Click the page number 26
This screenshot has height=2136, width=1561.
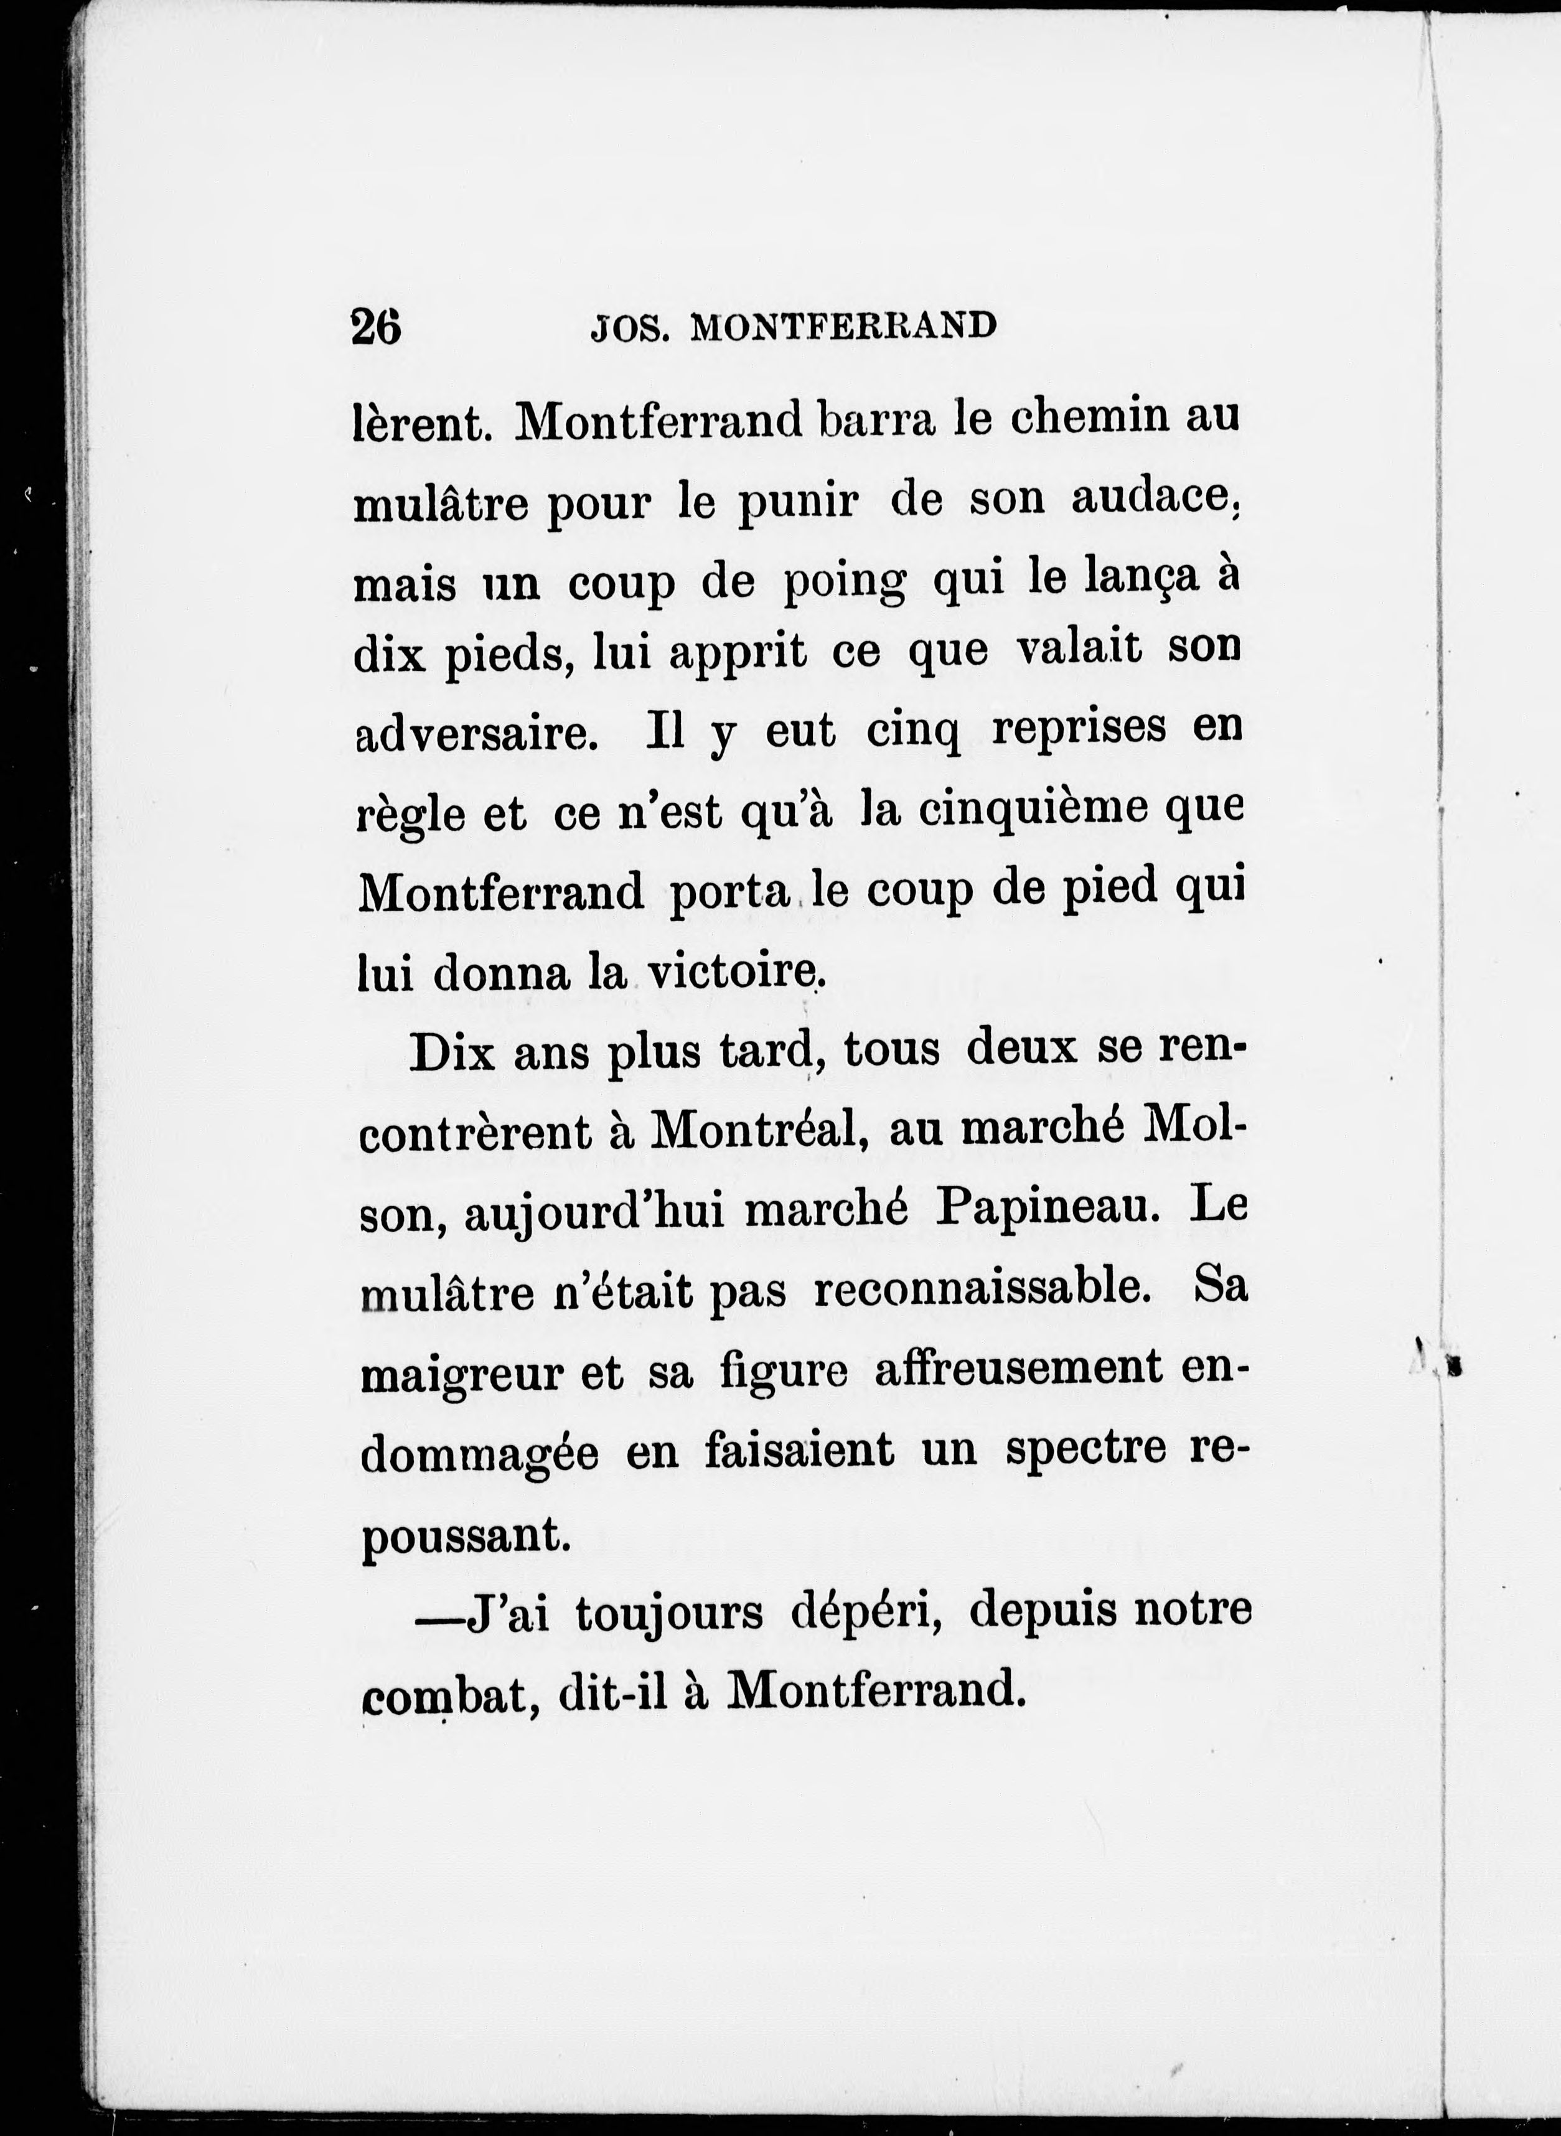click(x=376, y=328)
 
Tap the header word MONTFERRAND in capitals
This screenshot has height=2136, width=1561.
click(x=844, y=326)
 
